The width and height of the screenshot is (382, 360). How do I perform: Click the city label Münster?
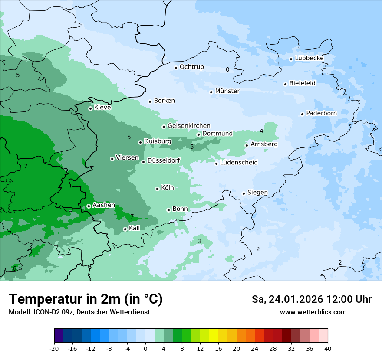pos(227,91)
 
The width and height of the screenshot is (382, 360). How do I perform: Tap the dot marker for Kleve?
pos(90,108)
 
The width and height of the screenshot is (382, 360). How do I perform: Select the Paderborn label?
pos(321,113)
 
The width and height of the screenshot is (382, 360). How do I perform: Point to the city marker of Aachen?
pos(89,206)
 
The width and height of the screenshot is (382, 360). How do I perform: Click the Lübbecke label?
pos(309,58)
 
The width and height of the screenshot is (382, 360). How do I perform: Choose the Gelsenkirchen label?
pos(189,126)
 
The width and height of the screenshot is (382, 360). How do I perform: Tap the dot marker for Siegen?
pos(244,193)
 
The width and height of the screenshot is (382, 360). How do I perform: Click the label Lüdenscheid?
pos(239,163)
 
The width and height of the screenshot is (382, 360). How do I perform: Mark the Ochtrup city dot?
pos(176,67)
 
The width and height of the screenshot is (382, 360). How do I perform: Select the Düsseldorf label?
pos(164,160)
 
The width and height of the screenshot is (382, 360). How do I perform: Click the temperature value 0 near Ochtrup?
pos(227,69)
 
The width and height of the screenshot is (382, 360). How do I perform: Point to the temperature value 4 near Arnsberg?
pos(261,131)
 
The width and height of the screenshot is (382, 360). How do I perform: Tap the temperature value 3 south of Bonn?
pos(200,241)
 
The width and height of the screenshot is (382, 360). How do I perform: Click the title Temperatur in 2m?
pos(86,299)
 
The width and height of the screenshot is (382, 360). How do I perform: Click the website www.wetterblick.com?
pos(313,312)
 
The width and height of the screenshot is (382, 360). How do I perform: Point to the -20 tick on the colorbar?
pos(54,348)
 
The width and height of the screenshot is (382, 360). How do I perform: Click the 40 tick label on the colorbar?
pos(328,348)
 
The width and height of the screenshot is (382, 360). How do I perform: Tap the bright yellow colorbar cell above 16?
pos(214,336)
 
